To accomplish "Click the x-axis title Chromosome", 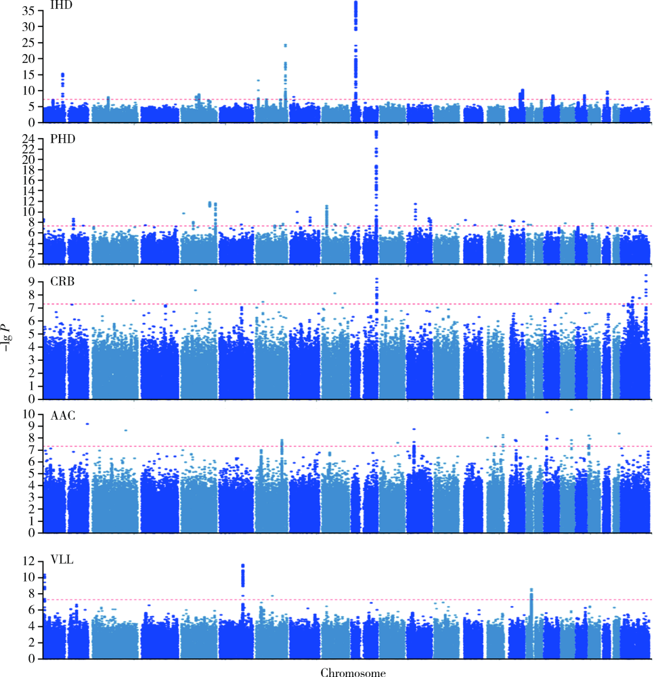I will (x=353, y=672).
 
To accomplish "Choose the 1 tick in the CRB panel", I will (x=31, y=386).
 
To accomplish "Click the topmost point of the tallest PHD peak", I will (x=376, y=132).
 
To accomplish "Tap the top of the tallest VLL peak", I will (x=243, y=565).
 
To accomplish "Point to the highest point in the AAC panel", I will (x=571, y=410).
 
